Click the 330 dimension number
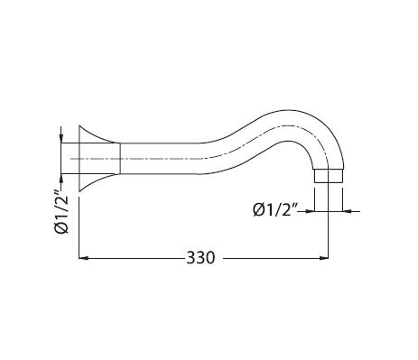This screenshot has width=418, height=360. tap(200, 258)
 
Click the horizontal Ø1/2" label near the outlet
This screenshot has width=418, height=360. tap(275, 209)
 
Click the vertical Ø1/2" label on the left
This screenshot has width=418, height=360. tap(62, 215)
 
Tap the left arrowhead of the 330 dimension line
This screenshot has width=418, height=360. tap(83, 258)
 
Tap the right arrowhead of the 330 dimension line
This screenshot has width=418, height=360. tap(323, 258)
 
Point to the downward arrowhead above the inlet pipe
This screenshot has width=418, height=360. tap(61, 138)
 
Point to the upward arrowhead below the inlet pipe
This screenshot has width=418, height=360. tap(61, 179)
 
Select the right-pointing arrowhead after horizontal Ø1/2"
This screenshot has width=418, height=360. tap(310, 211)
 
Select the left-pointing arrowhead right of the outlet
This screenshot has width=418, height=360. tap(348, 211)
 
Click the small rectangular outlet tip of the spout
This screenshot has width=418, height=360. tap(329, 176)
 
